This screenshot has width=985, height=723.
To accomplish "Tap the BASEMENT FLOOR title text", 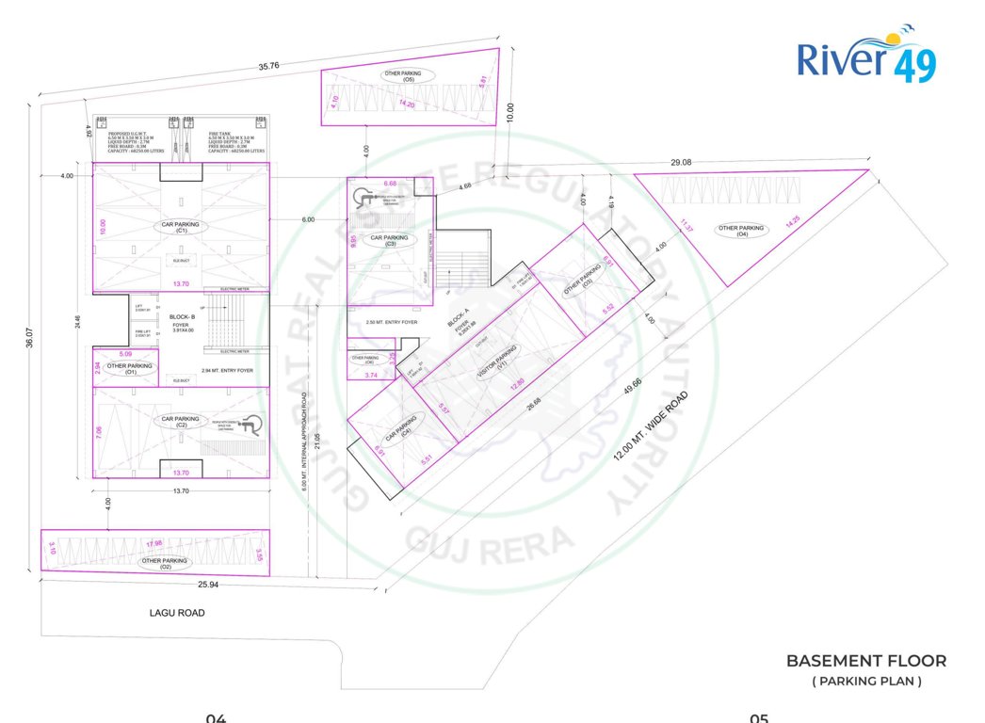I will [x=866, y=661].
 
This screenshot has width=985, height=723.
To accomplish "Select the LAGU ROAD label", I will [x=177, y=613].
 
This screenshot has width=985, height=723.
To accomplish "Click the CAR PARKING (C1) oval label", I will [x=181, y=227].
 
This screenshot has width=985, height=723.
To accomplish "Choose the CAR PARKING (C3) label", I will [x=389, y=240].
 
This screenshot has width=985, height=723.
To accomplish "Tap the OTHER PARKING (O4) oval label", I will [x=741, y=230].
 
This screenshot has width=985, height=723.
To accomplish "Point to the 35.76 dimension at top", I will [x=270, y=67].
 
